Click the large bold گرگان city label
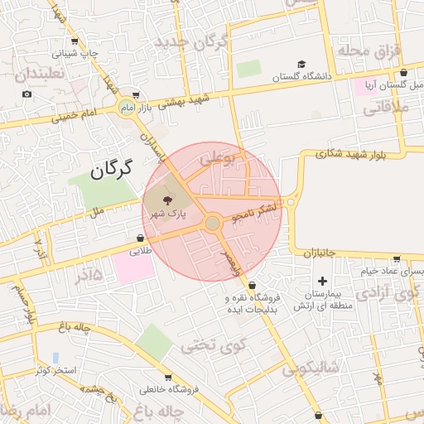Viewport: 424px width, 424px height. (112, 171)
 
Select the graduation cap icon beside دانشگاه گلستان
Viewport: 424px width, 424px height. (301, 65)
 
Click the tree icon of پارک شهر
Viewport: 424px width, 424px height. (169, 200)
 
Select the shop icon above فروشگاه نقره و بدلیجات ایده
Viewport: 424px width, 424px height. (252, 285)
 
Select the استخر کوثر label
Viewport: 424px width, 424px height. (55, 369)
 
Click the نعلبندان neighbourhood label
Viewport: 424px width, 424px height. (34, 75)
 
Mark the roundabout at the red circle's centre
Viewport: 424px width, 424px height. (213, 223)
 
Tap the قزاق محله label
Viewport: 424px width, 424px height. (368, 51)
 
